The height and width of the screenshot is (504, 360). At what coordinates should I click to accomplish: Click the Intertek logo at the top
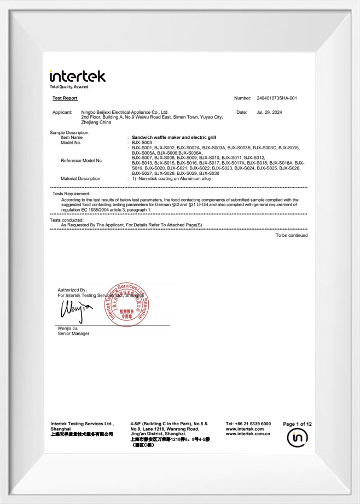[77, 77]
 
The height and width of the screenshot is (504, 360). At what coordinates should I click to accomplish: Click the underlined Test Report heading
[65, 98]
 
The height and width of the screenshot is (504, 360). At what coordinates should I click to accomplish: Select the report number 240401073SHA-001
[276, 98]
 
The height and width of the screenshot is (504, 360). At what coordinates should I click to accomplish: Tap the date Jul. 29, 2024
[269, 112]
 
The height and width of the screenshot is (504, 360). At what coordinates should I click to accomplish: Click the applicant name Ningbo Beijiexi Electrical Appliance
[124, 112]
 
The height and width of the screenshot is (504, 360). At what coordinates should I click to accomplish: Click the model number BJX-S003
[142, 142]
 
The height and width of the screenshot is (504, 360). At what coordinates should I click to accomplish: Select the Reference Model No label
[81, 161]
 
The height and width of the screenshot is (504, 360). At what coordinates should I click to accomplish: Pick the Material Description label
[80, 179]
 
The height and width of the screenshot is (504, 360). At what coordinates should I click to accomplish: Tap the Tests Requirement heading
[71, 194]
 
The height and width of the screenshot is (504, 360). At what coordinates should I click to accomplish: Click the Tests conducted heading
[67, 220]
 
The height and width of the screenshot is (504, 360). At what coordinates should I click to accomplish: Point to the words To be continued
[292, 236]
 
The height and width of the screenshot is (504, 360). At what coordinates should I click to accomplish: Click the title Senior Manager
[73, 333]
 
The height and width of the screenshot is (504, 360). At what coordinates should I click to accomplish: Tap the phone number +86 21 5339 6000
[248, 424]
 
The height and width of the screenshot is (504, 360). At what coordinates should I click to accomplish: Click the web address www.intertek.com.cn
[248, 434]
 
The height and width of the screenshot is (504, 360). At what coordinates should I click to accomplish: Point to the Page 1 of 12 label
[297, 424]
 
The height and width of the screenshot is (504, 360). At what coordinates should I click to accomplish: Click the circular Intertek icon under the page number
[297, 438]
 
